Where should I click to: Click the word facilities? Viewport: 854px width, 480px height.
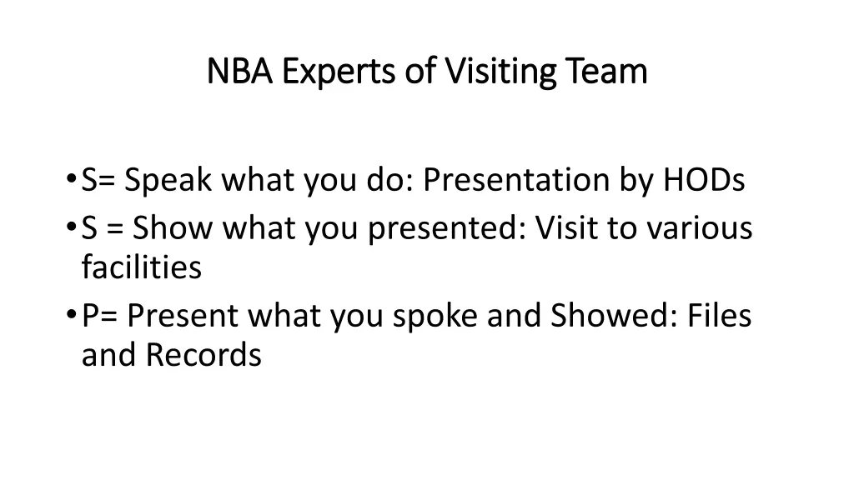tap(141, 267)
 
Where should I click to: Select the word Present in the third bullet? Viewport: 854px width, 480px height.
tap(183, 316)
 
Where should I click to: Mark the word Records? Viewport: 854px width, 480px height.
tap(203, 356)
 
